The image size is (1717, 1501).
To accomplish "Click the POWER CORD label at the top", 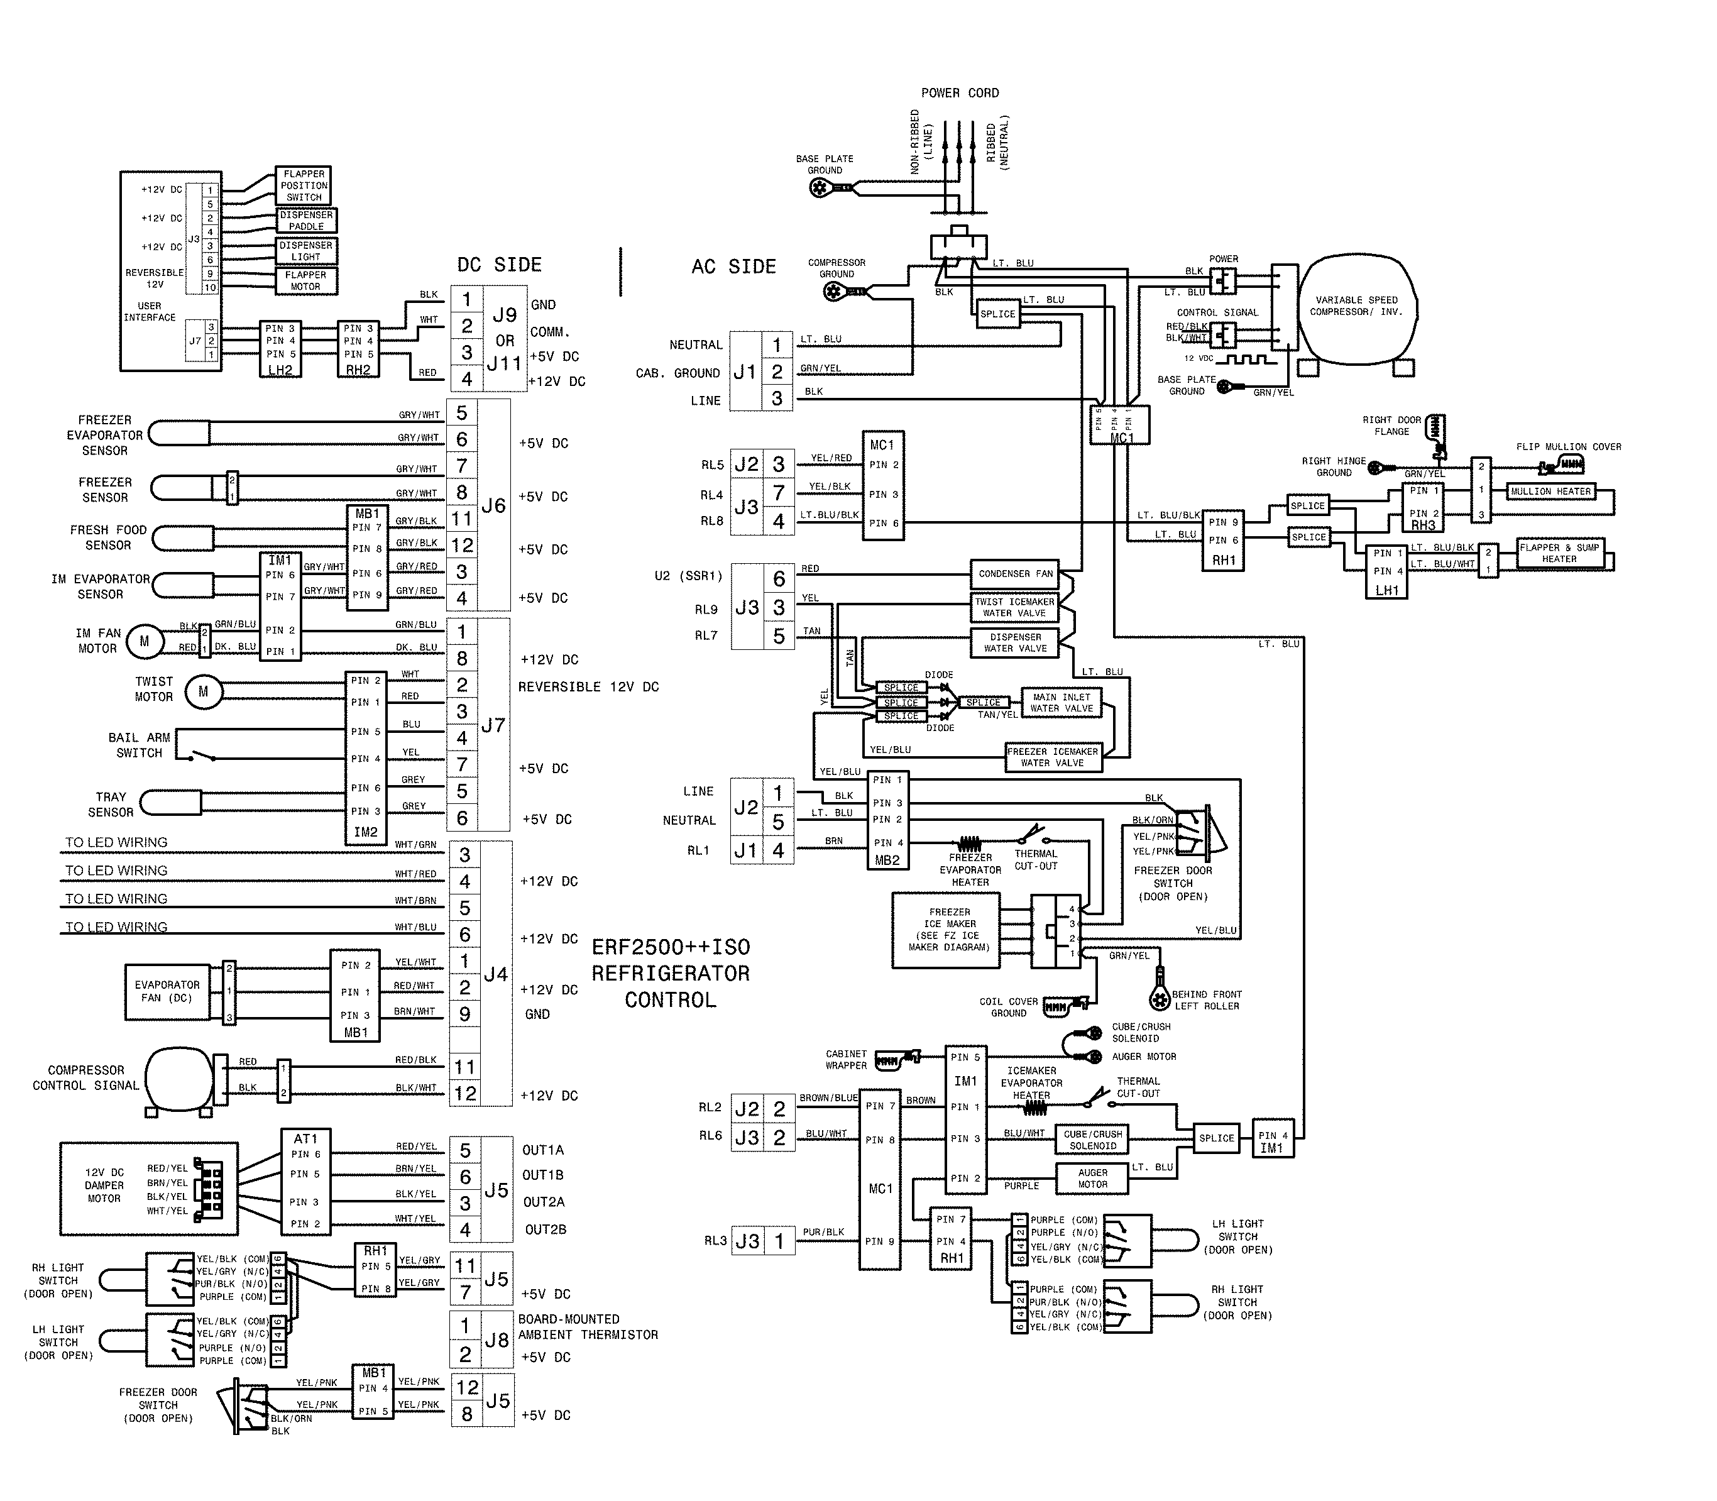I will coord(959,93).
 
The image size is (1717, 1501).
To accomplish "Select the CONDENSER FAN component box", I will coord(1015,574).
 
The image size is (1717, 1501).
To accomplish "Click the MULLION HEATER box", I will coord(1550,492).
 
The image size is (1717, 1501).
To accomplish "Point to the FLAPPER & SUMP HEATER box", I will coord(1559,554).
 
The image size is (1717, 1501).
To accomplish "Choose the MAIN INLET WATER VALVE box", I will coord(1061,703).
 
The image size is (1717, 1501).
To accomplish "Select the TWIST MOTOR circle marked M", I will coord(203,692).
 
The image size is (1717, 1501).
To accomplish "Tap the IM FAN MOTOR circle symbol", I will coord(144,642).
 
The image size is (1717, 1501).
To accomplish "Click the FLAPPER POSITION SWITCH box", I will coord(304,185).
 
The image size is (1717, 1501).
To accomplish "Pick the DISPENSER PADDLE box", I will coord(307,220).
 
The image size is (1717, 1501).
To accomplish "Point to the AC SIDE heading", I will coord(733,267).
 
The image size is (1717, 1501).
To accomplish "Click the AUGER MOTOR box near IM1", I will coord(1092,1179).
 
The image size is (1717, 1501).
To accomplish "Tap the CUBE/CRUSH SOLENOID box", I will coord(1092,1139).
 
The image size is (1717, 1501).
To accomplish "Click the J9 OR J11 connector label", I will coord(504,339).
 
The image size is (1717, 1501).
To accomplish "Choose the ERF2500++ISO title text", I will coord(671,947).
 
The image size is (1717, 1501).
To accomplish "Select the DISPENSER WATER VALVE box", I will coord(1015,642).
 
